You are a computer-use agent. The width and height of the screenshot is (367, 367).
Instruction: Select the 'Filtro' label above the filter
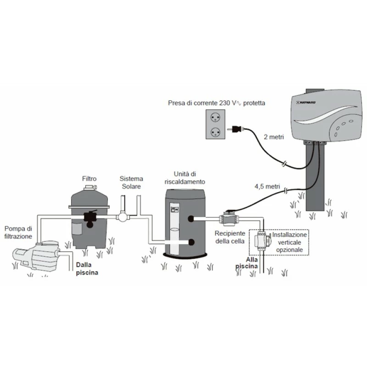(89, 178)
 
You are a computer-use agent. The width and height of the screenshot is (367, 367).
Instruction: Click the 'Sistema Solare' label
(131, 182)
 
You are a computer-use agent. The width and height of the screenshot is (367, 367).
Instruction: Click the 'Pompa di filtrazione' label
(18, 232)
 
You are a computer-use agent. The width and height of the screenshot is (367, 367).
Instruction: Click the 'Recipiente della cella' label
(229, 237)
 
